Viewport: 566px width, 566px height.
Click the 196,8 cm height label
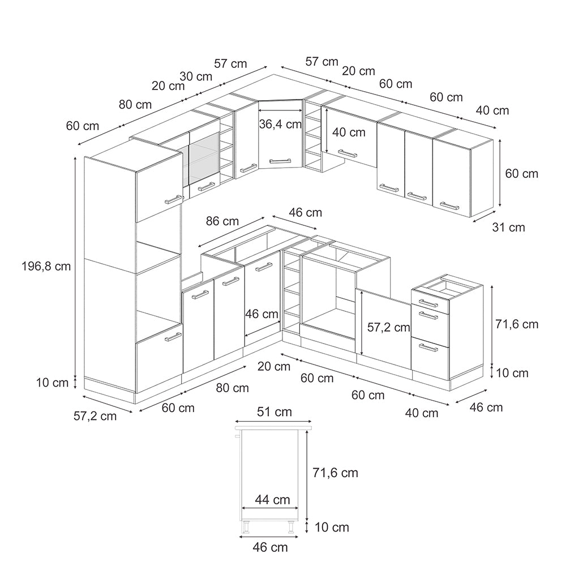(x=46, y=267)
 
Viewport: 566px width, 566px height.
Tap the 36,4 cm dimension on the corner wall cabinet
(x=281, y=124)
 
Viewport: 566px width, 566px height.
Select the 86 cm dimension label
(x=222, y=221)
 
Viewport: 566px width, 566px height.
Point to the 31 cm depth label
(x=508, y=228)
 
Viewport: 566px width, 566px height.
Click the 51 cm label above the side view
(x=275, y=412)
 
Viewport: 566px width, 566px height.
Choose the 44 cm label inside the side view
(x=273, y=500)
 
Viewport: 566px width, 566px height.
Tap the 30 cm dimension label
(x=196, y=76)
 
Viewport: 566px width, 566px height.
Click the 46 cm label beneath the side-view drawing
(x=271, y=547)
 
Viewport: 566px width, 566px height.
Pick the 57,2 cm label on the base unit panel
(x=389, y=327)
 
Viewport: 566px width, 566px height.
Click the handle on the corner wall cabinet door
(x=280, y=160)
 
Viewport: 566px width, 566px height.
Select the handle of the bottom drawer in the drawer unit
(x=428, y=348)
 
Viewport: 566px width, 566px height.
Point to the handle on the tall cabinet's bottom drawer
(x=173, y=337)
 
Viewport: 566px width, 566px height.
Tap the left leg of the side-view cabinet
(x=247, y=527)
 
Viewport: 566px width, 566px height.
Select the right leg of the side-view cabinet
(x=291, y=527)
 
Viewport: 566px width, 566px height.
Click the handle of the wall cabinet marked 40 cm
(x=348, y=153)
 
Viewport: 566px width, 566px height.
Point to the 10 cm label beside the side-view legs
(x=332, y=528)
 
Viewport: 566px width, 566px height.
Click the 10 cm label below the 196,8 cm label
(x=52, y=383)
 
